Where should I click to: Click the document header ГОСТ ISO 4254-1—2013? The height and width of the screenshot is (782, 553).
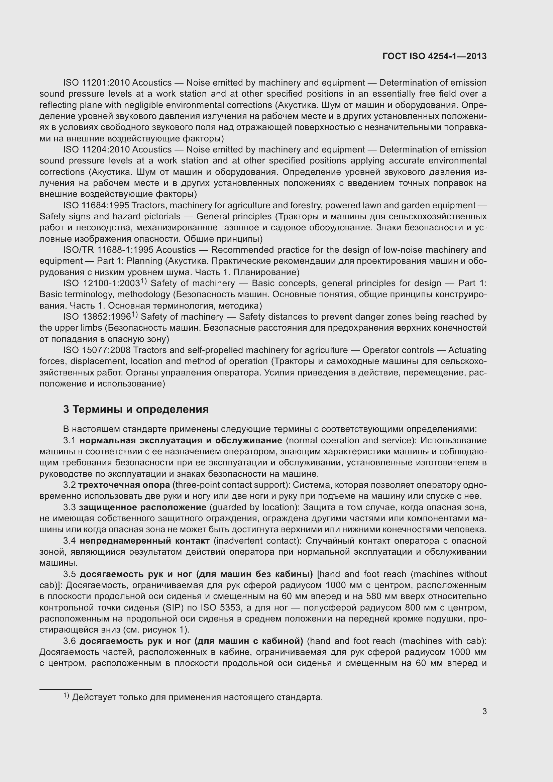pyautogui.click(x=435, y=56)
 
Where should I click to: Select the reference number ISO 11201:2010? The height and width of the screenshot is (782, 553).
pyautogui.click(x=96, y=83)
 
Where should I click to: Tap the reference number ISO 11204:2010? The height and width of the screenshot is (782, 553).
pyautogui.click(x=96, y=149)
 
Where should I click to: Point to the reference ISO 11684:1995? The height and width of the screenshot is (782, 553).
pyautogui.click(x=96, y=205)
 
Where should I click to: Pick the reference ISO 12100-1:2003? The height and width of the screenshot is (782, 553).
pyautogui.click(x=102, y=284)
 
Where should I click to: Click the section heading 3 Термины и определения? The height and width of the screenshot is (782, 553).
pyautogui.click(x=135, y=409)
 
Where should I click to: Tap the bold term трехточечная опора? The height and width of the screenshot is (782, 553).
pyautogui.click(x=124, y=485)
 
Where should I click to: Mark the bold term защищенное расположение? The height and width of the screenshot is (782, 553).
pyautogui.click(x=143, y=507)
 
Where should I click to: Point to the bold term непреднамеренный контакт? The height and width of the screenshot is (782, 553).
pyautogui.click(x=145, y=541)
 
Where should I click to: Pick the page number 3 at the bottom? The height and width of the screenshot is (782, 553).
pyautogui.click(x=484, y=711)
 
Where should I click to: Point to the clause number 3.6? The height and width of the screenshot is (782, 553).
pyautogui.click(x=69, y=641)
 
